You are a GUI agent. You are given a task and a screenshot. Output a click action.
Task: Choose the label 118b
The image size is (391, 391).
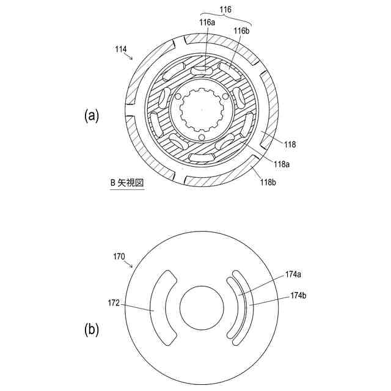[x=268, y=182]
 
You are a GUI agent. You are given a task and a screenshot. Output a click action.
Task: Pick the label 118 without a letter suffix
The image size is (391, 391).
[x=289, y=145]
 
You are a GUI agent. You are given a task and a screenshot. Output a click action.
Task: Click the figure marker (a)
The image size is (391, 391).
[x=91, y=115]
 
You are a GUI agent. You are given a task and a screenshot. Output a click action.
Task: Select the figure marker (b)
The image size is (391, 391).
[x=91, y=330]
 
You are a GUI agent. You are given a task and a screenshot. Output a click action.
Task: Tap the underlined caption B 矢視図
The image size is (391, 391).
[x=126, y=183]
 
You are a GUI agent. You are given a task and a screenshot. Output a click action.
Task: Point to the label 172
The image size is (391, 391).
[x=114, y=302]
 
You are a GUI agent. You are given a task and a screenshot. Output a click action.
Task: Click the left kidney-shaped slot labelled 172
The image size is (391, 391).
[x=161, y=305]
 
